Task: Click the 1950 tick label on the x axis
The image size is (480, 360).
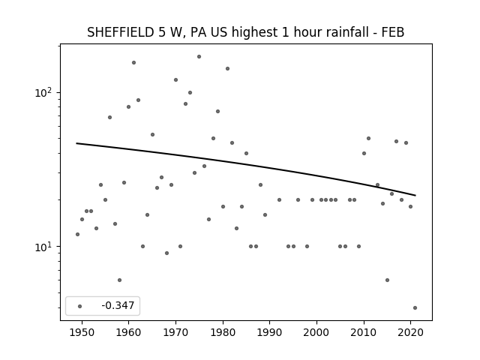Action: pyautogui.click(x=82, y=332)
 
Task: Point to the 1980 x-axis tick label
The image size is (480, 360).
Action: pyautogui.click(x=223, y=332)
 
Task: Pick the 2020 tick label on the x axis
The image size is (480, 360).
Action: pyautogui.click(x=410, y=332)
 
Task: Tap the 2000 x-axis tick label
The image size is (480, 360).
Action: pyautogui.click(x=316, y=332)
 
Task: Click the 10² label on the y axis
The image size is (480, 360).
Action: pyautogui.click(x=45, y=91)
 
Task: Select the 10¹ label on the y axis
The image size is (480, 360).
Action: pyautogui.click(x=45, y=246)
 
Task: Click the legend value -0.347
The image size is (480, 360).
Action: pyautogui.click(x=118, y=305)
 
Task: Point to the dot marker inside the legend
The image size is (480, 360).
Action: pyautogui.click(x=79, y=306)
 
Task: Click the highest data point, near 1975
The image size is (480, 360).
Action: pyautogui.click(x=199, y=57)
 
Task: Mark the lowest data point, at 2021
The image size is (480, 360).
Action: pyautogui.click(x=415, y=308)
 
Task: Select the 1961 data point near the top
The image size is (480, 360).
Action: pyautogui.click(x=133, y=63)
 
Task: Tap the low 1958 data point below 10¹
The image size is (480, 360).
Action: pyautogui.click(x=119, y=280)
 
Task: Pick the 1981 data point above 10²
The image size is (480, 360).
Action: pyautogui.click(x=227, y=68)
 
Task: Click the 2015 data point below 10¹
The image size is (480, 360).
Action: pyautogui.click(x=387, y=280)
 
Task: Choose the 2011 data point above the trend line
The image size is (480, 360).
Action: pyautogui.click(x=368, y=138)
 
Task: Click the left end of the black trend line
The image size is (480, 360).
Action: pyautogui.click(x=76, y=143)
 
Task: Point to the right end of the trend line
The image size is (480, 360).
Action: pyautogui.click(x=415, y=195)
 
